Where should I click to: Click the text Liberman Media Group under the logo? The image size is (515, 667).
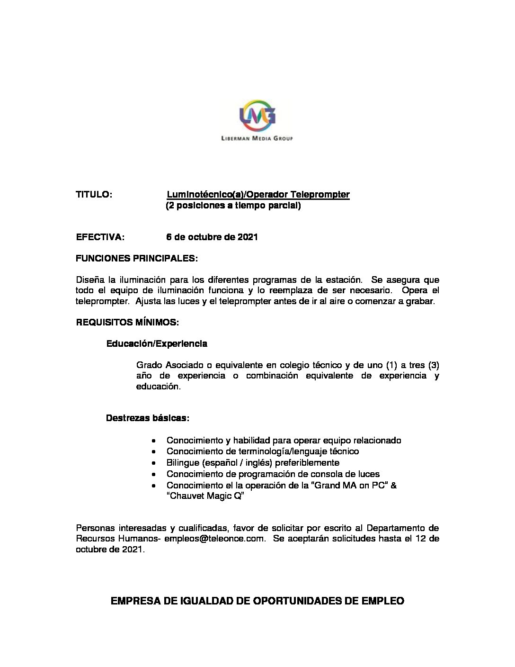click(257, 138)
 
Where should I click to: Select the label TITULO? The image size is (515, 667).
click(94, 195)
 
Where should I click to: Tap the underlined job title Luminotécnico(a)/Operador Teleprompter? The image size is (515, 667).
click(258, 195)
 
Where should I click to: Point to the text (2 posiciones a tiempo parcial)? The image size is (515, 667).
click(233, 206)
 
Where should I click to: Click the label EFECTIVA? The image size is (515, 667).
click(100, 237)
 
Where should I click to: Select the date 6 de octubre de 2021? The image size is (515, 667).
click(212, 237)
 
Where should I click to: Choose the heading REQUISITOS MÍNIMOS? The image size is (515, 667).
click(127, 323)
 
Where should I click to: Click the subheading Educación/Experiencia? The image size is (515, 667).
click(157, 343)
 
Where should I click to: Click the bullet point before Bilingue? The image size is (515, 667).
click(153, 463)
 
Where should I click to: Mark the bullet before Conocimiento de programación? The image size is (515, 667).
click(153, 474)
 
